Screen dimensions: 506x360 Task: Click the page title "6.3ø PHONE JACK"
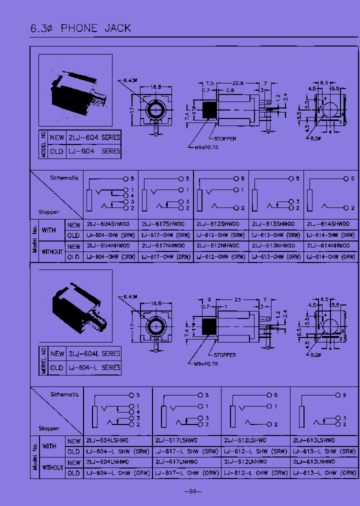click(80, 28)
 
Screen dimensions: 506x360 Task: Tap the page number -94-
click(192, 491)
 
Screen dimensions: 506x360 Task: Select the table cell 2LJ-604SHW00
click(108, 224)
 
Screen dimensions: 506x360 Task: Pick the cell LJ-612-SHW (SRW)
click(220, 235)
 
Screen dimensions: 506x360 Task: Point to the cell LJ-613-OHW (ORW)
click(275, 256)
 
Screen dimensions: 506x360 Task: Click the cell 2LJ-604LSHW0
click(107, 440)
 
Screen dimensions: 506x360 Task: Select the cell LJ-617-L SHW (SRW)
click(186, 451)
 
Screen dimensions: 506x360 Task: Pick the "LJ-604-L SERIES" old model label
click(94, 367)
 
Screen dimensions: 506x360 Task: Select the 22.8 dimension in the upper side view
click(238, 83)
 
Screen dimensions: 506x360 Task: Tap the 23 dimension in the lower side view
click(237, 300)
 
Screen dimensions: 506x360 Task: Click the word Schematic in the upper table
click(64, 178)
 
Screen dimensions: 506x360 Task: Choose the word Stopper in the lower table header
click(49, 428)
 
